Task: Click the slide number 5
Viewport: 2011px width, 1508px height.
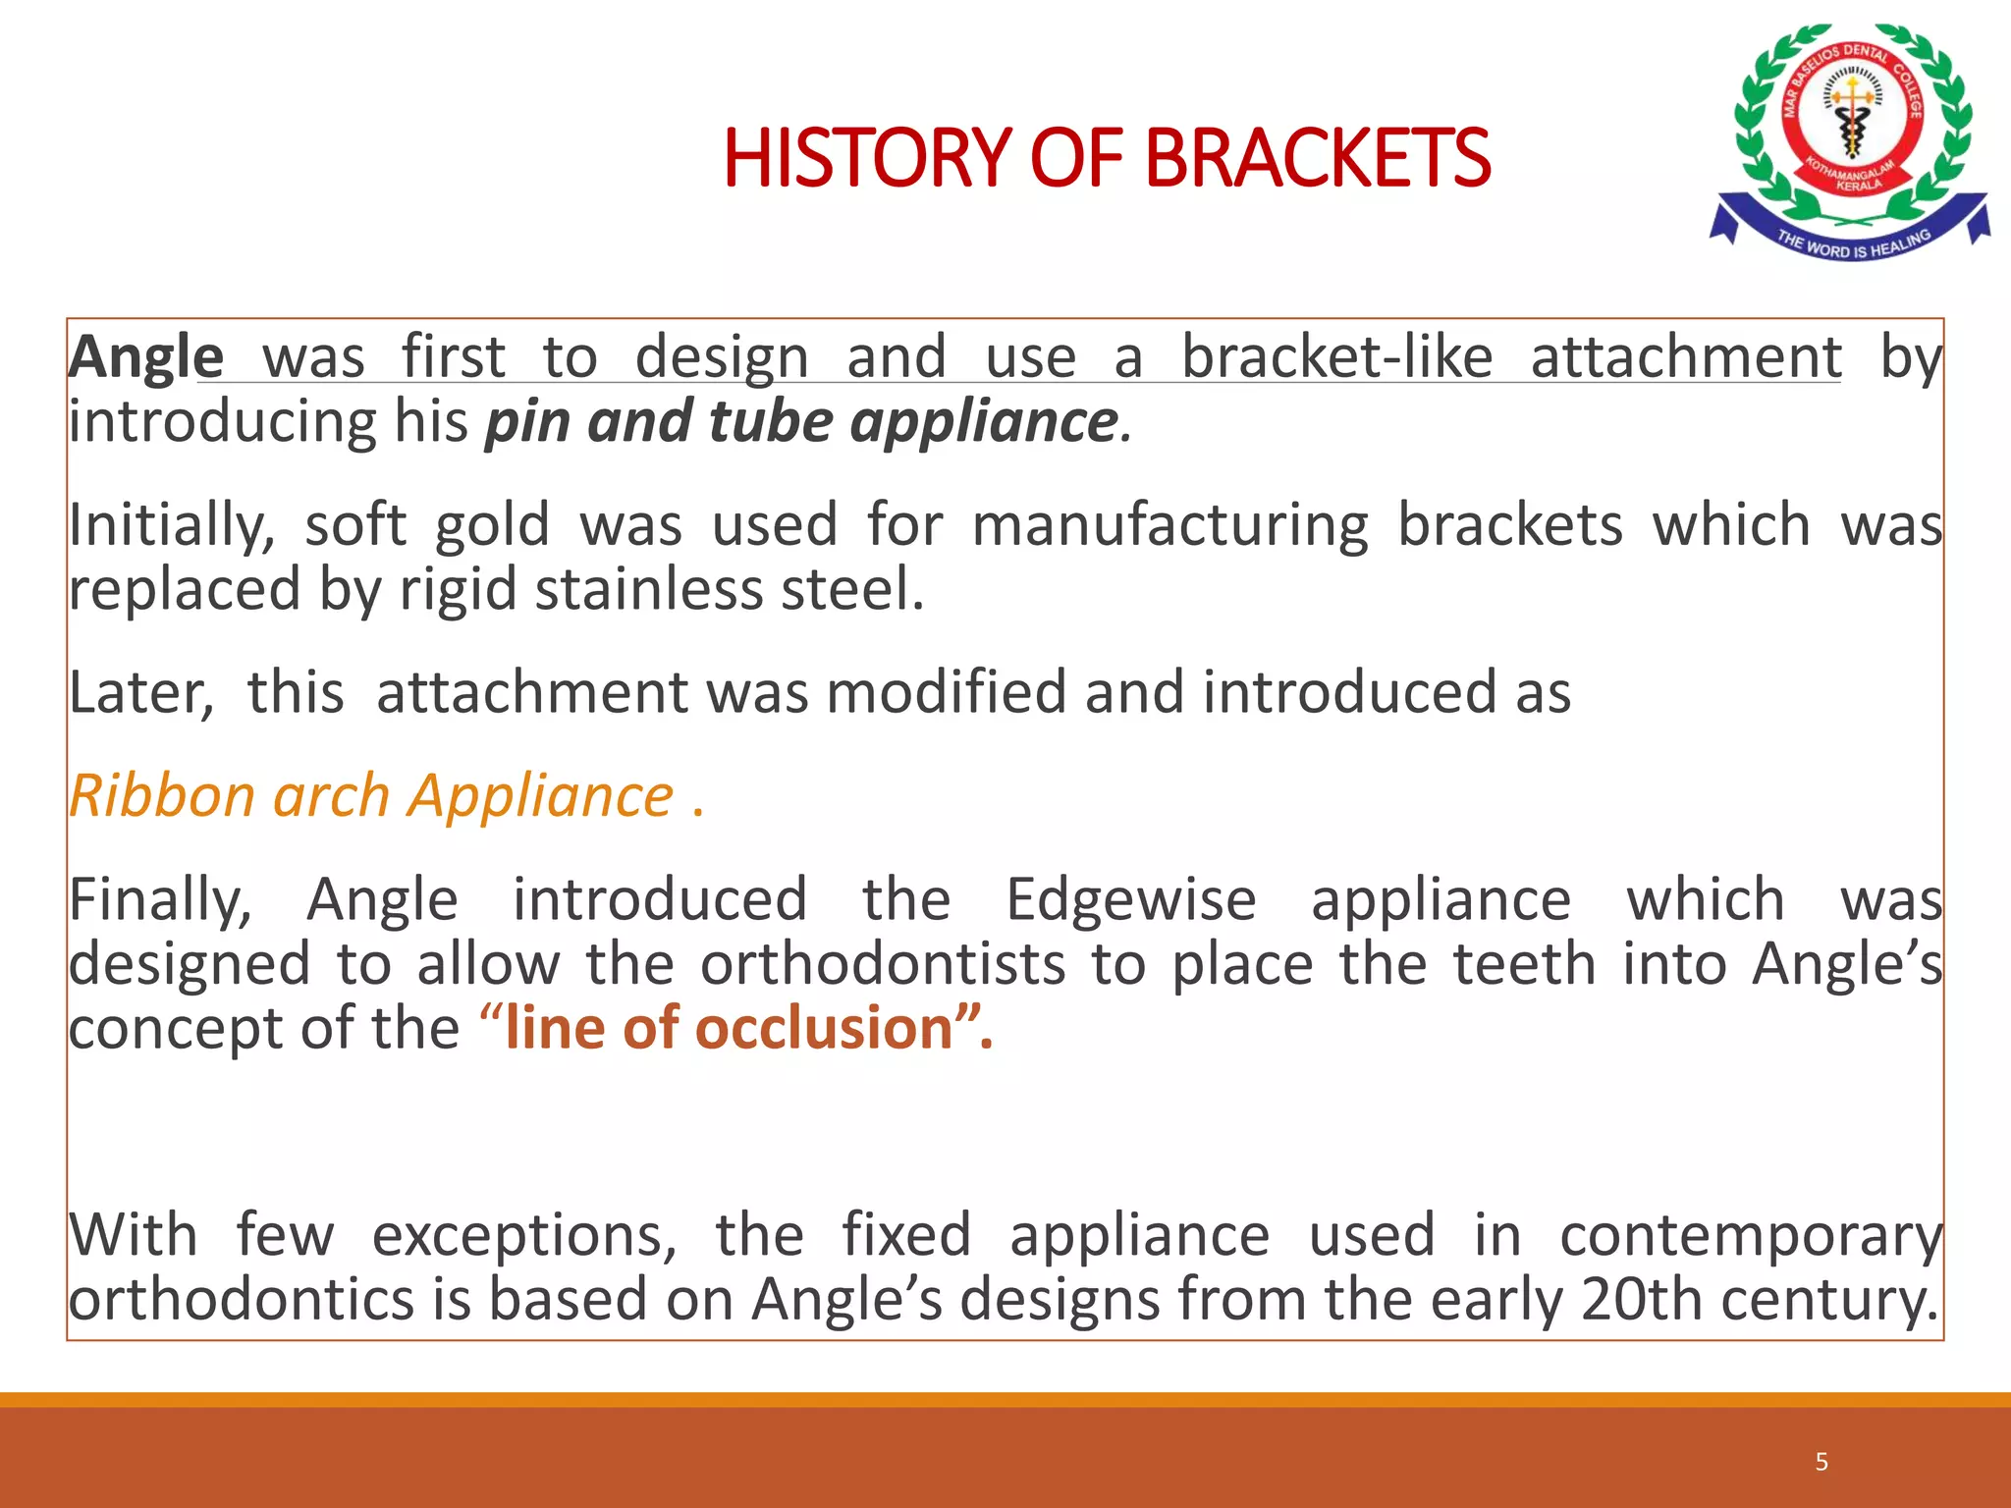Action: (x=1821, y=1462)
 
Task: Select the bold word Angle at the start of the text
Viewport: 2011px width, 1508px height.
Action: (x=145, y=357)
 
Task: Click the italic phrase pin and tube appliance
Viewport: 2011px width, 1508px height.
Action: (x=801, y=422)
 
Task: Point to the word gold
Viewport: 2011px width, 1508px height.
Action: (x=492, y=525)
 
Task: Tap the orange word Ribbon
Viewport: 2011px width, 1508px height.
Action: (x=162, y=796)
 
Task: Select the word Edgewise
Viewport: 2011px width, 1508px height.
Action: (x=1130, y=900)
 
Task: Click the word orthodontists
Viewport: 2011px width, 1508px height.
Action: (x=883, y=965)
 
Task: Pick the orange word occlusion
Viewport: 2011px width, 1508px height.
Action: (x=824, y=1029)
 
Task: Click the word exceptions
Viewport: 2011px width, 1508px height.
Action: (x=524, y=1235)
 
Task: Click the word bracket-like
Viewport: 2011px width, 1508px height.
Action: (x=1336, y=357)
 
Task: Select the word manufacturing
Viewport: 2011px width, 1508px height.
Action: (x=1169, y=526)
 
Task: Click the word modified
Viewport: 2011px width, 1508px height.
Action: (x=946, y=693)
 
